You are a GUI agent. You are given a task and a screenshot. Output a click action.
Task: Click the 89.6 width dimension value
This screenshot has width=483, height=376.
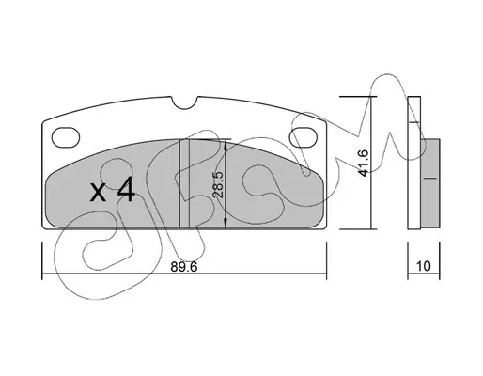(x=184, y=267)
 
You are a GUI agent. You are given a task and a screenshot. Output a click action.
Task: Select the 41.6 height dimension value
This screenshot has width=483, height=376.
(x=363, y=164)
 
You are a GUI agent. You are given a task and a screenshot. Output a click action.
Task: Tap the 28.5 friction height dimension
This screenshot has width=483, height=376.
(x=217, y=184)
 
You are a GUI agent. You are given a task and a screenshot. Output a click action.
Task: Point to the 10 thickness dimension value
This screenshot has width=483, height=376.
(x=424, y=266)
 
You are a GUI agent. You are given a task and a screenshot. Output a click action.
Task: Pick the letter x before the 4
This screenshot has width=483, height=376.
(x=98, y=192)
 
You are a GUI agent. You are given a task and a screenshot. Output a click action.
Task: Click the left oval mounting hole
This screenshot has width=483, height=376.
(x=66, y=137)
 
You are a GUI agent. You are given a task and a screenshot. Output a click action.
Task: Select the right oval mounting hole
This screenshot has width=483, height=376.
(x=304, y=137)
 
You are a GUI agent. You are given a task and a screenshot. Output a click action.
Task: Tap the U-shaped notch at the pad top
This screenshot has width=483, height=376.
(x=185, y=103)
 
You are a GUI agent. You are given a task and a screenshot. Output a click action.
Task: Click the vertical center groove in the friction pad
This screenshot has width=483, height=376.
(x=184, y=183)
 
